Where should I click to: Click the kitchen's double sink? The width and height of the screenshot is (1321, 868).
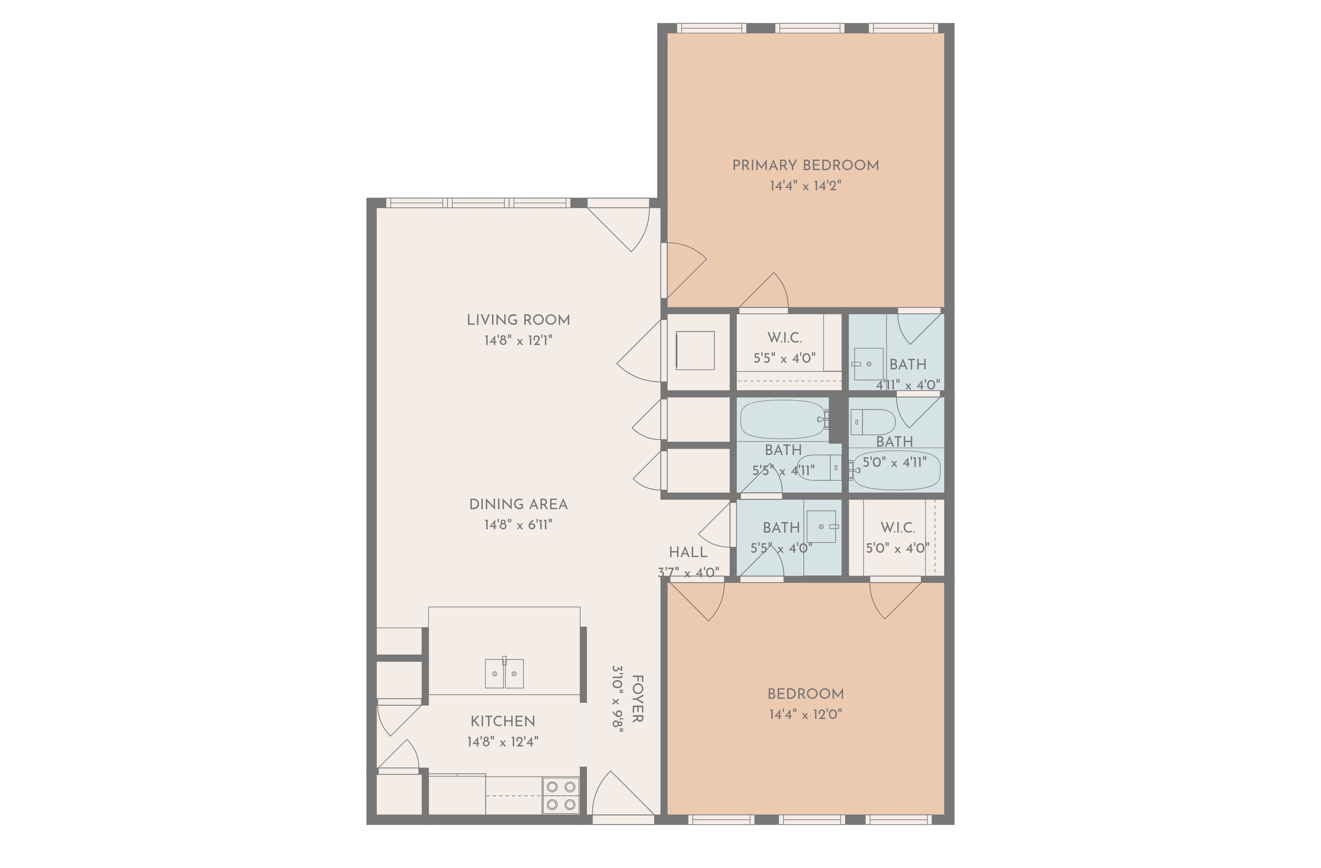coord(504,674)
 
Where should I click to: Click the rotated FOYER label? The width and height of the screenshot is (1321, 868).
coord(638,698)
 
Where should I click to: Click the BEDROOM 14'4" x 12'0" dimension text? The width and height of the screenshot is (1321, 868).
coord(805,714)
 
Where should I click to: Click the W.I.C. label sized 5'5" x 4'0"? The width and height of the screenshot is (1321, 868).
coord(784,338)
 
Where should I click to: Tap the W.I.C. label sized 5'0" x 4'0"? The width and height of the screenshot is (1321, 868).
coord(898,528)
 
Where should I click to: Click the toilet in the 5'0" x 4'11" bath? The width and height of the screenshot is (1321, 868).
coord(873,422)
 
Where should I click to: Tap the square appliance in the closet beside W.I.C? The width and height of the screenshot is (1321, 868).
coord(695,351)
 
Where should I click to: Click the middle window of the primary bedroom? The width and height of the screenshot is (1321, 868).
coord(809,28)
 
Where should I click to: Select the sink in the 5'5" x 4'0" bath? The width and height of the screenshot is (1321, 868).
coord(821,526)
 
